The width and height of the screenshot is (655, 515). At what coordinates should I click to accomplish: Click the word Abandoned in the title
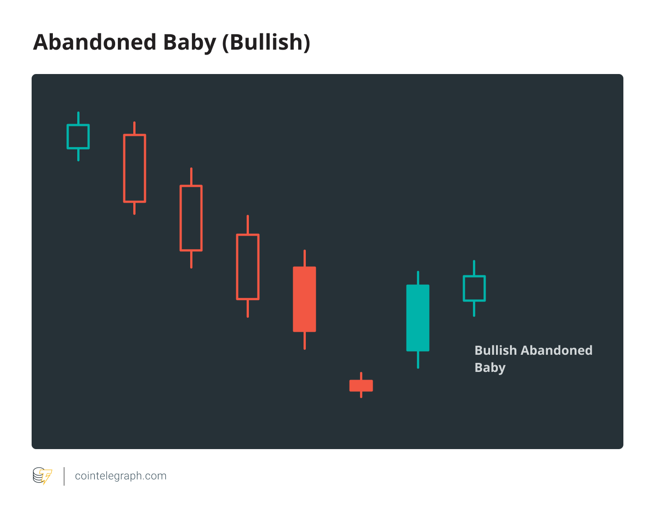(x=95, y=42)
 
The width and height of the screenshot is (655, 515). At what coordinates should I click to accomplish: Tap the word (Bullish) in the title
(x=266, y=42)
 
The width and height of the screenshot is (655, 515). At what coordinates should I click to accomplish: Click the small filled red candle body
(x=361, y=385)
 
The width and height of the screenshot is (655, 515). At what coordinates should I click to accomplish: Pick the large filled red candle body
(x=304, y=299)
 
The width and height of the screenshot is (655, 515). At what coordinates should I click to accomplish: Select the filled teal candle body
(x=417, y=318)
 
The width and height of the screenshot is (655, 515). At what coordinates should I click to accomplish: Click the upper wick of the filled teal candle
(x=418, y=278)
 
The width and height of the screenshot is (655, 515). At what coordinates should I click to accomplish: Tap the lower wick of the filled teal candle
(x=418, y=360)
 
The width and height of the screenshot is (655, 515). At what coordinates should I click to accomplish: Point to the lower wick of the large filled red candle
(x=304, y=340)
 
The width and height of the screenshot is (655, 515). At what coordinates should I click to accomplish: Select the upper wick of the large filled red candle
(x=304, y=258)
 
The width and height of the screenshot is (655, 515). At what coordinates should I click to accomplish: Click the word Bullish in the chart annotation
(x=496, y=350)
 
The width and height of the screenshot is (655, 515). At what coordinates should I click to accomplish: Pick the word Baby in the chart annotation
(x=490, y=368)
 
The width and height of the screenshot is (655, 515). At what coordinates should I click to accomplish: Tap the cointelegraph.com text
(x=121, y=476)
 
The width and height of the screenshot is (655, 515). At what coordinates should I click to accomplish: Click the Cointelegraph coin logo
(x=42, y=476)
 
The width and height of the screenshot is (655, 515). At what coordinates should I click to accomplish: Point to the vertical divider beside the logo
(x=64, y=476)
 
